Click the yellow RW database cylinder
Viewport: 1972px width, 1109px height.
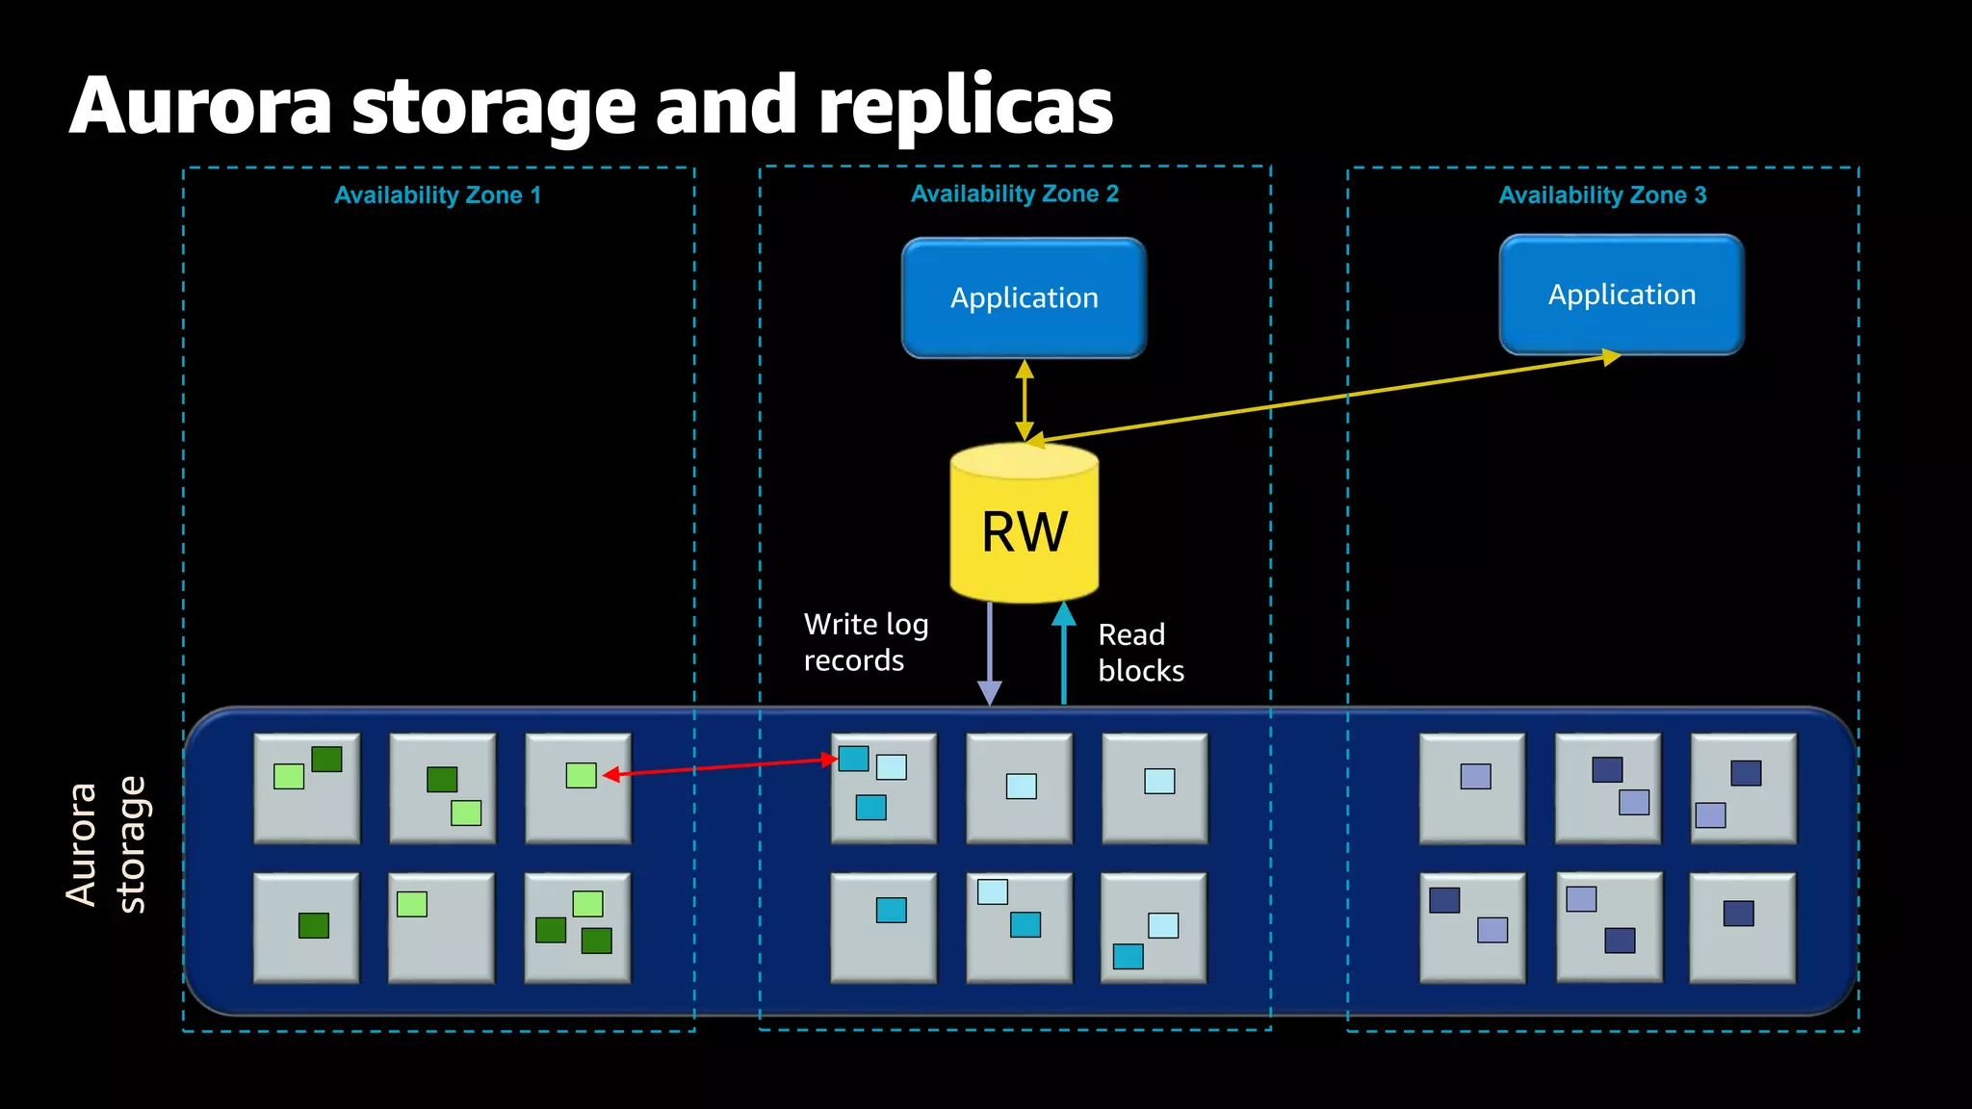coord(1024,525)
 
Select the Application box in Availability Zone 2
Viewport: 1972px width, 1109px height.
coord(1024,297)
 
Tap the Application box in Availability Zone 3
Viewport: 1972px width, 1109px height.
coord(1622,295)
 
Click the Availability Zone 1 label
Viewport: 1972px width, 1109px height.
coord(437,195)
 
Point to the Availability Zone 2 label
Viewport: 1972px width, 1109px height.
coord(1014,193)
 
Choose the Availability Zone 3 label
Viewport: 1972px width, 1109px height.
coord(1602,195)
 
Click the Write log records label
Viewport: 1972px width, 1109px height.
coord(865,642)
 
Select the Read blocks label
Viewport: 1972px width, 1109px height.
coord(1140,653)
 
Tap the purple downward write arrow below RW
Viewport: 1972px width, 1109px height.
coord(990,655)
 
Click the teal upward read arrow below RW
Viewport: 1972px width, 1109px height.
coord(1063,655)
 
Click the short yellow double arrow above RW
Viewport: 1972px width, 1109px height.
coord(1025,400)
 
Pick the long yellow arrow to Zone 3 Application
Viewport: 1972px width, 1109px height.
coord(1329,398)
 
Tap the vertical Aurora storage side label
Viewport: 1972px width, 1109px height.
coord(106,845)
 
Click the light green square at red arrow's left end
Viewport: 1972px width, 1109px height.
coord(581,775)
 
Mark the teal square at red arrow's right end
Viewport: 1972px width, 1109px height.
coord(853,759)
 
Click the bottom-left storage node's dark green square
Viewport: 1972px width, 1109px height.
coord(314,925)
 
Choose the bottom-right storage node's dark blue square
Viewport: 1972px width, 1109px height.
coord(1738,913)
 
